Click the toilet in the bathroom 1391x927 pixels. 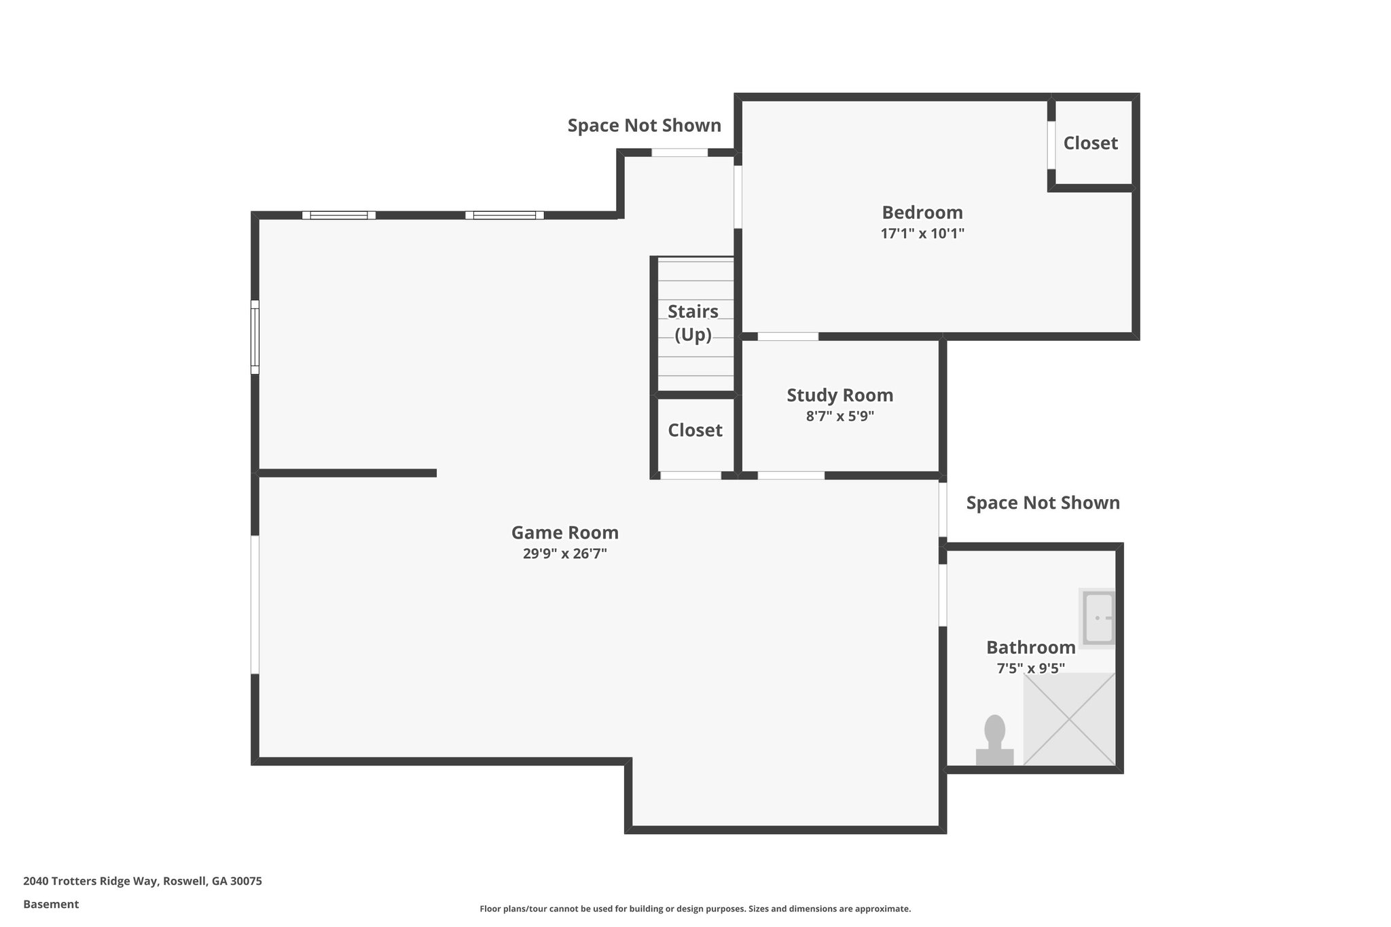pos(994,741)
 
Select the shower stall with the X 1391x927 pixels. pos(1069,719)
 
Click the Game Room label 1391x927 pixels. pos(564,532)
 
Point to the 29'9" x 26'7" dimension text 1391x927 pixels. pos(564,553)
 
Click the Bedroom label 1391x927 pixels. pos(922,213)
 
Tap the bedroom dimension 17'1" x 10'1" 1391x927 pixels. pos(922,234)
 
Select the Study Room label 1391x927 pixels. pos(839,395)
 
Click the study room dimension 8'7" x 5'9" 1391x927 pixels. pos(839,416)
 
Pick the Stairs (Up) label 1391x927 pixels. pos(693,323)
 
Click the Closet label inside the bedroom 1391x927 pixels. pos(1090,143)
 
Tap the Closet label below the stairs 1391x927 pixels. pos(695,431)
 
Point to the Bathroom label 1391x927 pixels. pos(1030,647)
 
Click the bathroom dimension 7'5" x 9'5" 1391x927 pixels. pos(1030,668)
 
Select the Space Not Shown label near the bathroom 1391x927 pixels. pos(1043,503)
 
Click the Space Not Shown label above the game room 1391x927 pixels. pos(644,126)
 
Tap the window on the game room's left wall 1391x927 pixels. pos(255,337)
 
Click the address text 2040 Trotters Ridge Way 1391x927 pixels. pos(142,881)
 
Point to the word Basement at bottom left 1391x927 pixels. pos(51,905)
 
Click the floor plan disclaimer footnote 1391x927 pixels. pos(695,909)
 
